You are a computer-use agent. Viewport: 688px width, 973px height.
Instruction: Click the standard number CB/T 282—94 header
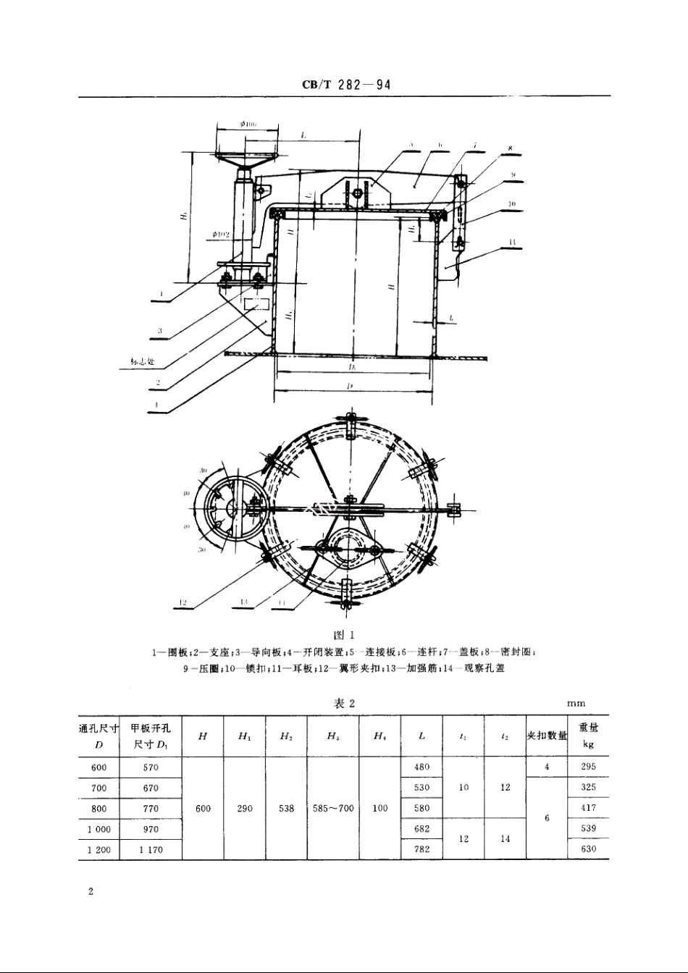[x=346, y=84]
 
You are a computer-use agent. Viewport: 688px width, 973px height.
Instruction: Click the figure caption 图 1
[x=343, y=635]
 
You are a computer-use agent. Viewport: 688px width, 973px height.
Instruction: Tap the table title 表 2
[x=343, y=703]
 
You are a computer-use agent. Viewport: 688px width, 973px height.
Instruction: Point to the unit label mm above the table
[x=576, y=703]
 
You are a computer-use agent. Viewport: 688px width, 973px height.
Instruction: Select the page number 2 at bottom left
[x=91, y=891]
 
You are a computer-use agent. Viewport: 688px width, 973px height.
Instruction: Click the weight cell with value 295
[x=588, y=767]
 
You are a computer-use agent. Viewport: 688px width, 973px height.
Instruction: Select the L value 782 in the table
[x=421, y=849]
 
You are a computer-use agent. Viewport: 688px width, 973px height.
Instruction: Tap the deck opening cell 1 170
[x=151, y=849]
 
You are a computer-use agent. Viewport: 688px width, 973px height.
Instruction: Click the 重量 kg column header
[x=588, y=736]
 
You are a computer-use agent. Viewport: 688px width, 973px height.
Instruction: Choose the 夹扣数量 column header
[x=547, y=736]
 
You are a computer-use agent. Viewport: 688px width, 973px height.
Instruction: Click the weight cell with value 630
[x=588, y=849]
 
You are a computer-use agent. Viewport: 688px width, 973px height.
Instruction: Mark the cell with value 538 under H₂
[x=286, y=808]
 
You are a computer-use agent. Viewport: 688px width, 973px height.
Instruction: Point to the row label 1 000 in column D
[x=99, y=829]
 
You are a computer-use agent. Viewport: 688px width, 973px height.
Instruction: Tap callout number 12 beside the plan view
[x=183, y=602]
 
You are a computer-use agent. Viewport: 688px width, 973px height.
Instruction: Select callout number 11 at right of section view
[x=512, y=242]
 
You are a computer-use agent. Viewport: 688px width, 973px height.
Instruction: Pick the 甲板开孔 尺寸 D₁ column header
[x=151, y=736]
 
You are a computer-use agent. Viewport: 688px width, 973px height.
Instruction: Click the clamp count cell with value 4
[x=547, y=767]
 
